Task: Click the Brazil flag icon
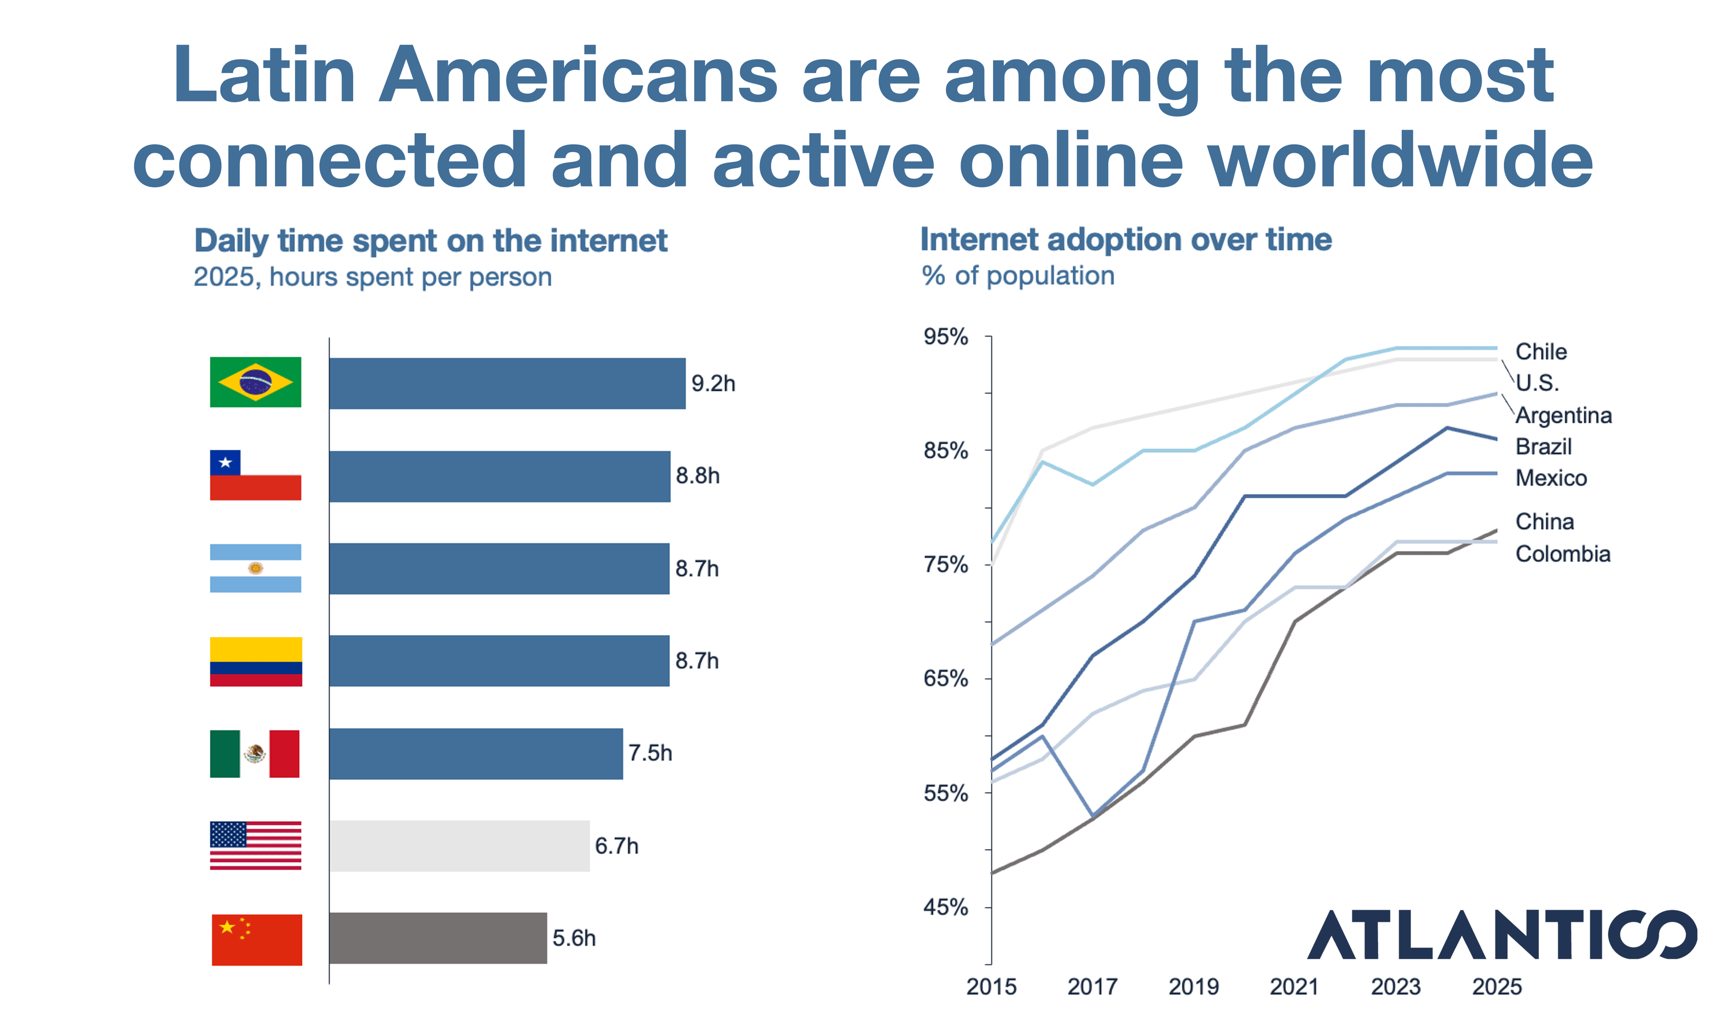(256, 382)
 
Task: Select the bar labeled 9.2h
(507, 383)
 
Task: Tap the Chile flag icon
(256, 475)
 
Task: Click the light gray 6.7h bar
(459, 845)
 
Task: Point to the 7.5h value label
(650, 753)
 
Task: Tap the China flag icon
(257, 939)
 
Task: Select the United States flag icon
(256, 845)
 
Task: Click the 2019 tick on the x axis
(1194, 986)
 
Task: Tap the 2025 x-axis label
(1497, 986)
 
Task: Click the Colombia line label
(1563, 553)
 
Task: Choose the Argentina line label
(1564, 415)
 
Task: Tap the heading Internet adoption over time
(1125, 239)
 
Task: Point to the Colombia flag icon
(256, 661)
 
